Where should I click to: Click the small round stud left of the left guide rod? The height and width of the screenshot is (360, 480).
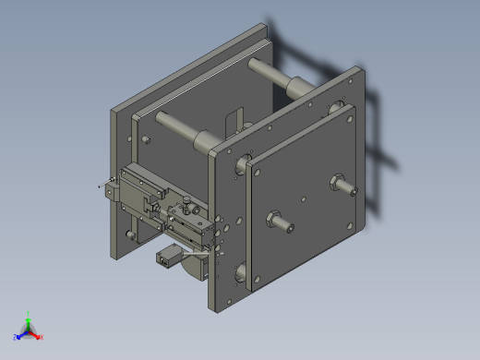click(x=145, y=140)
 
